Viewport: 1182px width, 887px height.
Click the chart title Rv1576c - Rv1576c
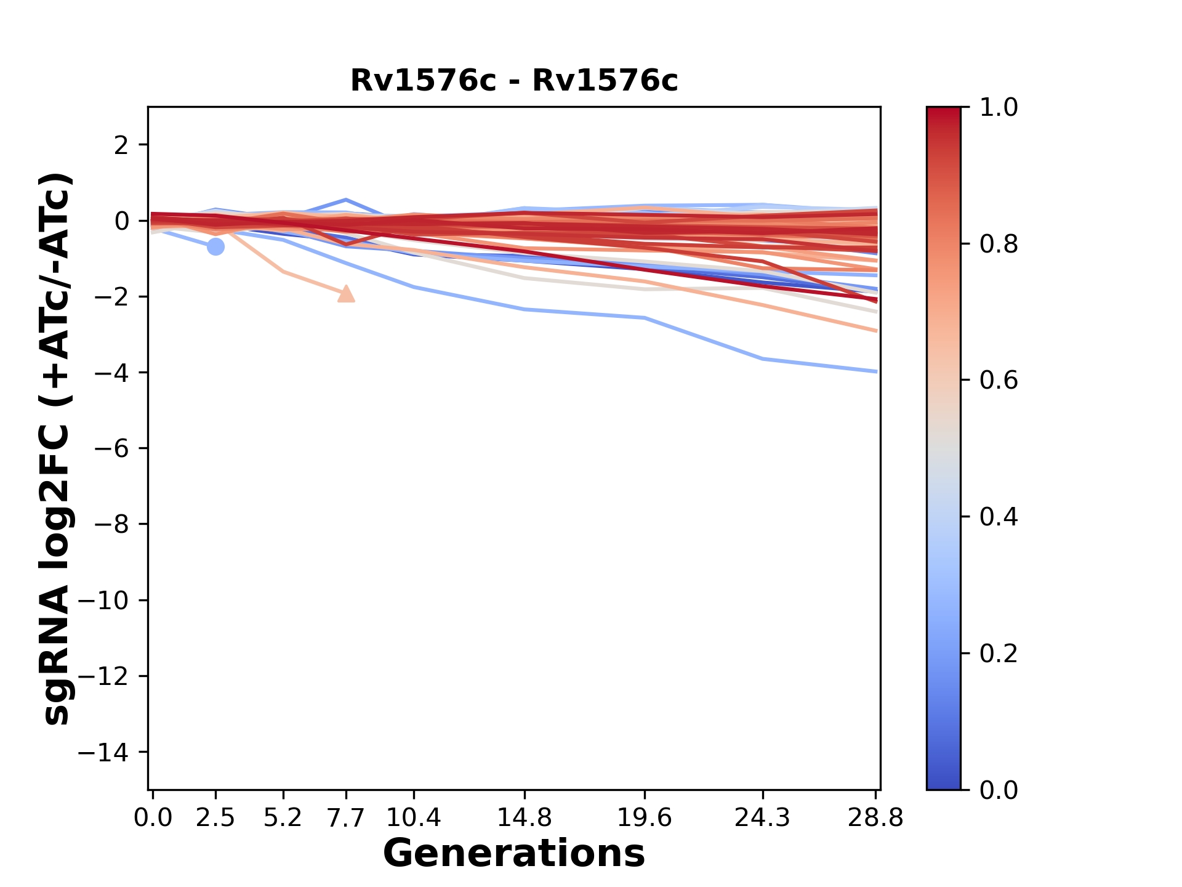pos(514,81)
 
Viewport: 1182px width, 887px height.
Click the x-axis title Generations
pos(514,854)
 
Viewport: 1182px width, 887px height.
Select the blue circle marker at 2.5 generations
pos(215,247)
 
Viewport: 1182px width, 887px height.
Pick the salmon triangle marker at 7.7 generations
pos(347,294)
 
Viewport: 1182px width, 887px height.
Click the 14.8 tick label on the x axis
pos(525,818)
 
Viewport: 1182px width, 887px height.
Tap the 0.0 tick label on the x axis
pos(153,818)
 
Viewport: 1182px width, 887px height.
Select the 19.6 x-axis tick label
pos(645,818)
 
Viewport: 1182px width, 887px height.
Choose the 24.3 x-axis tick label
pos(763,818)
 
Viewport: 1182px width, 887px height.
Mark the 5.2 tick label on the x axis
pos(283,818)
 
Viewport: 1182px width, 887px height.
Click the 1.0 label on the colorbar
pos(999,108)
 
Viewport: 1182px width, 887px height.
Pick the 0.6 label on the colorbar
pos(999,381)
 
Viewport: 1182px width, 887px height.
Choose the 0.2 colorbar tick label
pos(999,654)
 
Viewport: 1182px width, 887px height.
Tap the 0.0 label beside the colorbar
pos(999,790)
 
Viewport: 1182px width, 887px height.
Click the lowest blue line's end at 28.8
pos(875,371)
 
